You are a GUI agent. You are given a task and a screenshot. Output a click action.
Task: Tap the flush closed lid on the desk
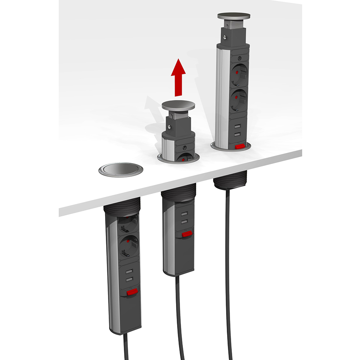point(121,170)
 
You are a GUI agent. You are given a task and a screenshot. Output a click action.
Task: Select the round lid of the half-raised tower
point(178,105)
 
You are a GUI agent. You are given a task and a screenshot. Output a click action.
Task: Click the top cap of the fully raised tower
point(234,16)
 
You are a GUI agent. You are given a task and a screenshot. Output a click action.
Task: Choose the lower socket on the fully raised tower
point(238,99)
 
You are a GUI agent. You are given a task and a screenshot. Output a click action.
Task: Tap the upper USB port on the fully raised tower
point(238,127)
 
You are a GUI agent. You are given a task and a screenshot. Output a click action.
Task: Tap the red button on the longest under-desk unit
point(132,292)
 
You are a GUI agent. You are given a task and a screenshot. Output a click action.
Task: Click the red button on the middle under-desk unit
point(186,234)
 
